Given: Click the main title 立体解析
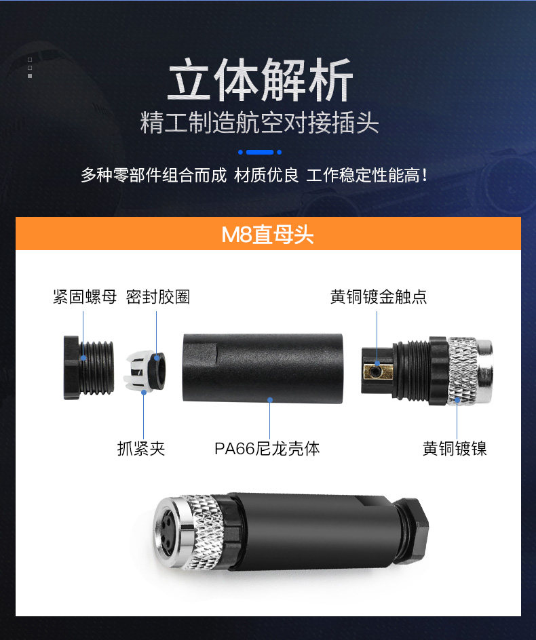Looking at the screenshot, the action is click(261, 79).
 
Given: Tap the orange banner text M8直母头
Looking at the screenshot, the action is click(267, 235).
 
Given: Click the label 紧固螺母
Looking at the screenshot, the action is click(85, 297).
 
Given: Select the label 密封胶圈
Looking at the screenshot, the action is click(157, 297).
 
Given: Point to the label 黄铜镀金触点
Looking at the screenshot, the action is click(379, 297).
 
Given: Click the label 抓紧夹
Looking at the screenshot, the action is click(141, 449).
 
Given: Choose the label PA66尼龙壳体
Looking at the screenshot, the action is click(267, 449).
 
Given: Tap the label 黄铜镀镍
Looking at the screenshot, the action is click(455, 449).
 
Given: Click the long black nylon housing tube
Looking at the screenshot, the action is click(263, 369).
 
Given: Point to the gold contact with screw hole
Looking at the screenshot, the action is click(378, 371).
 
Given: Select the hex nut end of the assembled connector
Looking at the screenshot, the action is click(412, 531).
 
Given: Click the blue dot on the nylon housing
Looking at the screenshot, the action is click(269, 399).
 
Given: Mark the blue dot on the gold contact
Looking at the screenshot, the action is click(377, 363).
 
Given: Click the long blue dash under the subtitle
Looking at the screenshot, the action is click(260, 153).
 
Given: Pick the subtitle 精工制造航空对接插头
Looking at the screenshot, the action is click(259, 123).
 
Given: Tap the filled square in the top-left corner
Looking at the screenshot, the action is click(30, 76).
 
